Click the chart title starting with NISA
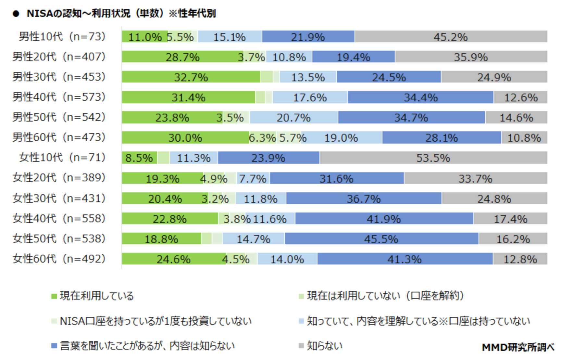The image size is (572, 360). (121, 14)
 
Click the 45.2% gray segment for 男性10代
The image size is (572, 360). (451, 37)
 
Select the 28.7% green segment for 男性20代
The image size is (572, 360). (182, 57)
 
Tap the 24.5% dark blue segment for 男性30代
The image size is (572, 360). (389, 77)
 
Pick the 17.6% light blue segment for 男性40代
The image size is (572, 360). (310, 97)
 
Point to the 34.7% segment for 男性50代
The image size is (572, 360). (411, 117)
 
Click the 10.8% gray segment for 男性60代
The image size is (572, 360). (524, 137)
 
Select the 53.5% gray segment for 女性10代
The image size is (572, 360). (433, 158)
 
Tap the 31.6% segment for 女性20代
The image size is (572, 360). (336, 178)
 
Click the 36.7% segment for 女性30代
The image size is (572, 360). (364, 198)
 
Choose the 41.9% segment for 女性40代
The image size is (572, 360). (384, 218)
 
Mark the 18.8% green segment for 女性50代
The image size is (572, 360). (161, 239)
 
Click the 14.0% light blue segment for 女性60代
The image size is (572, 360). (287, 259)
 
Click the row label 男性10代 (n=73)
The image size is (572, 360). (62, 36)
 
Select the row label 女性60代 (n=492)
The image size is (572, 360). (59, 259)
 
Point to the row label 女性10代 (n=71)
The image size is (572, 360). (62, 157)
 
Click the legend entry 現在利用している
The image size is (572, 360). (96, 296)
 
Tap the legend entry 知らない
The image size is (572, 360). (324, 346)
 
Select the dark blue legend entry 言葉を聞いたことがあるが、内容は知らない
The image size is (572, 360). (147, 346)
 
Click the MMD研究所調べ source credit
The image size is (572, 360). (518, 347)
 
